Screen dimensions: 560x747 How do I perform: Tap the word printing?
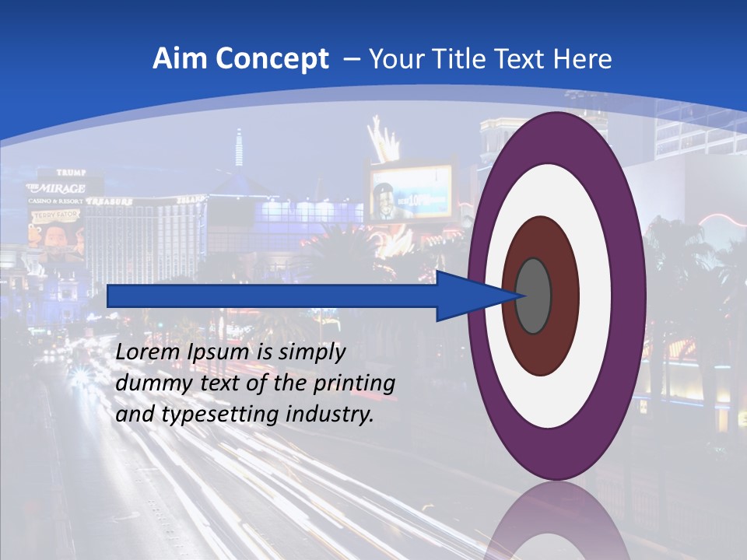(x=354, y=384)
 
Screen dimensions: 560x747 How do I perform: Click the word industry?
(x=329, y=415)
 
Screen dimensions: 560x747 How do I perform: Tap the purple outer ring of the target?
(x=630, y=296)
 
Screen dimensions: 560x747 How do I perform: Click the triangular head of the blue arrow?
(x=467, y=296)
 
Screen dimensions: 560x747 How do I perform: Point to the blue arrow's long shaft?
(x=272, y=296)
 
